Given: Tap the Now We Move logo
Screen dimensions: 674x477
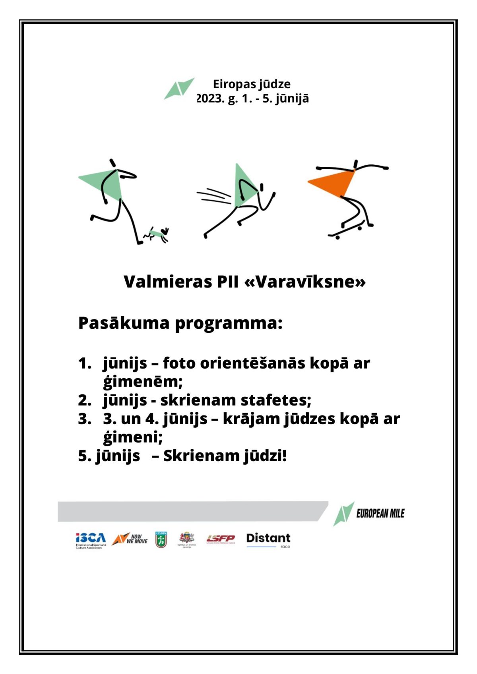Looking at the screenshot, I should (x=130, y=539).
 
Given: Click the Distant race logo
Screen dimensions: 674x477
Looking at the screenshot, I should (x=268, y=539).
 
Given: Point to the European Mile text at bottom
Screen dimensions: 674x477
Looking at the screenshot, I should (x=380, y=514).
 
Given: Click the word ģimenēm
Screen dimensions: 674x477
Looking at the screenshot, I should (x=142, y=382).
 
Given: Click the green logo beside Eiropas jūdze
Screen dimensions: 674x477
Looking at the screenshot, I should (x=179, y=88).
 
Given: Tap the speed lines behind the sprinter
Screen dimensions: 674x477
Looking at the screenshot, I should (x=213, y=196).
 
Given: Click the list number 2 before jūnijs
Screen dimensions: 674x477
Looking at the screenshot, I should (x=85, y=400).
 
